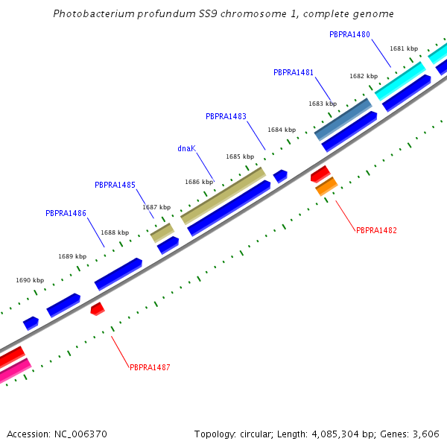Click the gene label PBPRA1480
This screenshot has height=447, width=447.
[x=349, y=34]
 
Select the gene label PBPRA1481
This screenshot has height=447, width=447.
[x=294, y=73]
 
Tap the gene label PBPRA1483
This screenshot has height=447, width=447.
[x=226, y=116]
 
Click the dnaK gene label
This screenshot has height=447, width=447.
[x=186, y=148]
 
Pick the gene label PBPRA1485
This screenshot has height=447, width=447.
[x=115, y=185]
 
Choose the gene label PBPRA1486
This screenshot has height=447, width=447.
[x=66, y=213]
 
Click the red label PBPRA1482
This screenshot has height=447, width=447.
[x=376, y=231]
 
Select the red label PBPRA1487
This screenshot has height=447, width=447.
[x=150, y=367]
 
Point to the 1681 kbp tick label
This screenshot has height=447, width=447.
[x=403, y=49]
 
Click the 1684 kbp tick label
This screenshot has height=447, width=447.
[x=282, y=130]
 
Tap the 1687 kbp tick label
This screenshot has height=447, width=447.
[x=156, y=208]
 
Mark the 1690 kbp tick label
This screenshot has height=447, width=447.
[x=30, y=281]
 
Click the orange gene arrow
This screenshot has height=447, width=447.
[x=326, y=187]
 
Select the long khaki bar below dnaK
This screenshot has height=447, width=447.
[x=223, y=196]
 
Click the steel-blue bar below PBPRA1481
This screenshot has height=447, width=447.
[x=343, y=119]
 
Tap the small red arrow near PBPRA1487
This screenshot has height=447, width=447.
[x=97, y=308]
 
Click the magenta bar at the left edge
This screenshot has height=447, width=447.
[x=13, y=371]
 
